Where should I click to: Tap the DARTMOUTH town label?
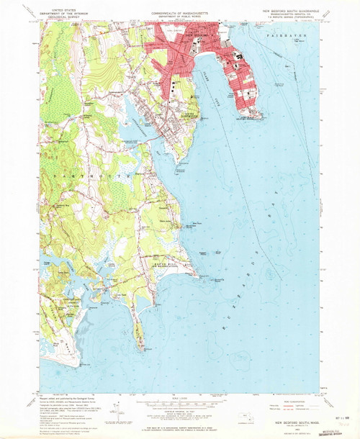(x=89, y=175)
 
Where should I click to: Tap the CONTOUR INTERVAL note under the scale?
(x=179, y=412)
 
